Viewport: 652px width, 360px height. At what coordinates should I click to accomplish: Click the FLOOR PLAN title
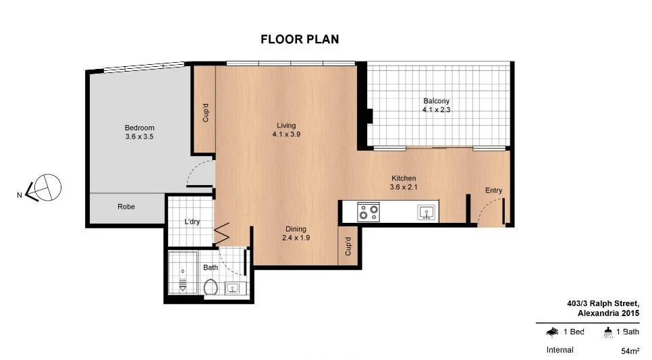tap(300, 39)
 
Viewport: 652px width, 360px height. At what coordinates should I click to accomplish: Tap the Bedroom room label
tap(140, 128)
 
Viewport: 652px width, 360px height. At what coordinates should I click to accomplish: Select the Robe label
tap(126, 207)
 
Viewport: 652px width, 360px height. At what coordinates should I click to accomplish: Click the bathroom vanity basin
tap(233, 288)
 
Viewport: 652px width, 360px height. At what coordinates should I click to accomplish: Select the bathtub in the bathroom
tap(182, 273)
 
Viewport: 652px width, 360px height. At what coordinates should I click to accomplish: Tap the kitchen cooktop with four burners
tap(369, 213)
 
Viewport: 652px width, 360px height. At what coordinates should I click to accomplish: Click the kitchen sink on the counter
tap(426, 213)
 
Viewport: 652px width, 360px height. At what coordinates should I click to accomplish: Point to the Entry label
tap(493, 190)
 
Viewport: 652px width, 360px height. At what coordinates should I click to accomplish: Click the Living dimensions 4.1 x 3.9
tap(286, 134)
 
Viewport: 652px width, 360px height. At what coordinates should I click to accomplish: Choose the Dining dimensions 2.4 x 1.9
tap(296, 238)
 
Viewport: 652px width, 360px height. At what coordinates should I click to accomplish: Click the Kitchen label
tap(402, 178)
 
